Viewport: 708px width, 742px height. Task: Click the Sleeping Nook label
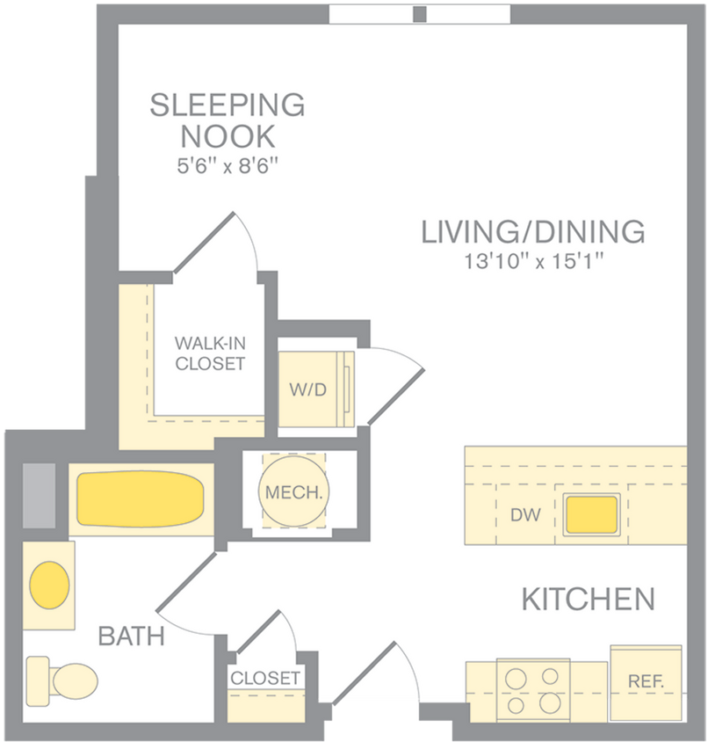[228, 120]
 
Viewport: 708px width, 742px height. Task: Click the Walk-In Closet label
[209, 353]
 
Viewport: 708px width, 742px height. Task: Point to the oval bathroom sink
[49, 584]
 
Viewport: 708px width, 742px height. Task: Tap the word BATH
[131, 636]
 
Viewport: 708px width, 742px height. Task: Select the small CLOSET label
[265, 679]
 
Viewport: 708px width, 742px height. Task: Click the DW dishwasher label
[525, 515]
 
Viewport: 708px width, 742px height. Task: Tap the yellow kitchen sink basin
[591, 515]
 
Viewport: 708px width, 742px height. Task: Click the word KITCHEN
[588, 600]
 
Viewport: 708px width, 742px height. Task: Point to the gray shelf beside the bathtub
[38, 495]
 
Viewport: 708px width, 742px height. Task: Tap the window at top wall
[419, 14]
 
